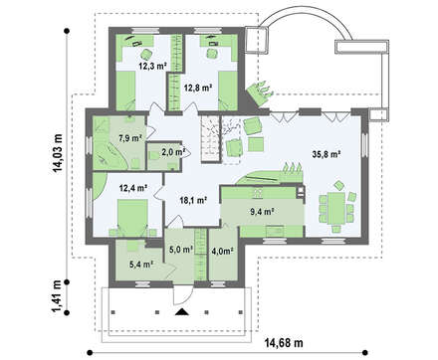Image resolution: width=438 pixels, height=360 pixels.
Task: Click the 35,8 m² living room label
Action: (x=327, y=154)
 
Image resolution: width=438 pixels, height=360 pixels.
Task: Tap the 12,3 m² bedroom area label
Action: (x=152, y=66)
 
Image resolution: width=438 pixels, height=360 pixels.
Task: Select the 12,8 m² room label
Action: (x=198, y=88)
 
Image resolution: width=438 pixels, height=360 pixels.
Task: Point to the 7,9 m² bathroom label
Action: (x=130, y=137)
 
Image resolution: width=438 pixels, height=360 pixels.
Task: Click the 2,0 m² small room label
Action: (x=173, y=152)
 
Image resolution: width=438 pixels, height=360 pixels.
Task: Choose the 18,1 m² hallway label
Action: (x=193, y=200)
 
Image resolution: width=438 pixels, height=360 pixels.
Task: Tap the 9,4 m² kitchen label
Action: (x=262, y=212)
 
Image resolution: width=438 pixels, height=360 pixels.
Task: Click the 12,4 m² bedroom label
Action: (x=133, y=188)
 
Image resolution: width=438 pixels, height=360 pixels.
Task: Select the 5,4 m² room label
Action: (x=141, y=265)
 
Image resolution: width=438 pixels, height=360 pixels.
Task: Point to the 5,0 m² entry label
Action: (x=181, y=250)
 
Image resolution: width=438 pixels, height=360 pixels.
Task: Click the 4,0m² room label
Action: (x=222, y=252)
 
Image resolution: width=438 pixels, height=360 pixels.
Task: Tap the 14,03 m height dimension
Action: (x=57, y=154)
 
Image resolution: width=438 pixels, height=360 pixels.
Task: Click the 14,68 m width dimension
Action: (x=284, y=342)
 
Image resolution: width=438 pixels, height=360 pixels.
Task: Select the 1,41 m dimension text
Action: (x=57, y=296)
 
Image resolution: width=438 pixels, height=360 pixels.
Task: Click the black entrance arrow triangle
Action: (x=181, y=311)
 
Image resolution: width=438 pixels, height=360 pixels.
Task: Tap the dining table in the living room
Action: (x=336, y=209)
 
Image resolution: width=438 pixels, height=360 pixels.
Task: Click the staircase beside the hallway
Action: (x=211, y=138)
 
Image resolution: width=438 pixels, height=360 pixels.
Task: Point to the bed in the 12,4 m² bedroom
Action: (x=132, y=218)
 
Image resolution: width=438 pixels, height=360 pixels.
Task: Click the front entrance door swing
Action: (x=183, y=295)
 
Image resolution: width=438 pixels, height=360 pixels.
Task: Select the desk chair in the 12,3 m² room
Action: (x=145, y=54)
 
